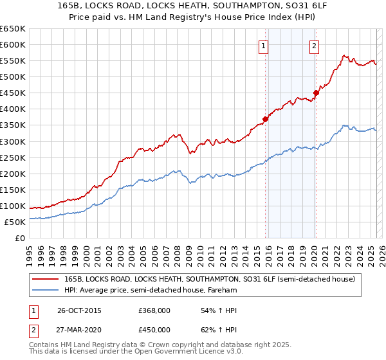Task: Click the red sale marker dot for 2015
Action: tap(266, 119)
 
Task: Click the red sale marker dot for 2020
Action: tap(316, 93)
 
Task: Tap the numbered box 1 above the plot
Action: tap(264, 46)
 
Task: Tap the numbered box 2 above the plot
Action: tap(314, 46)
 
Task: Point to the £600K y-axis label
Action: tap(13, 44)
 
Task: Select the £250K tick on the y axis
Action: tap(13, 157)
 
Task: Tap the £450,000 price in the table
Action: tap(154, 330)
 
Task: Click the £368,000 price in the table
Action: tap(154, 310)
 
